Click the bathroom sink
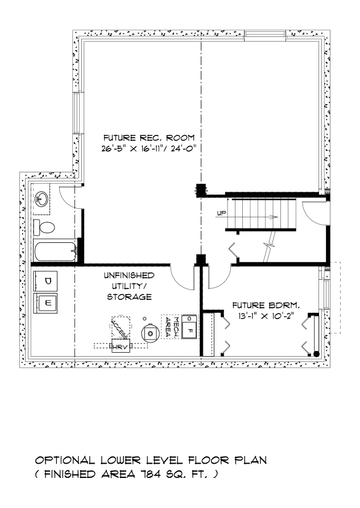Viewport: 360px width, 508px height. [x=41, y=199]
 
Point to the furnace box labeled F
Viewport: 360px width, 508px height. [x=190, y=329]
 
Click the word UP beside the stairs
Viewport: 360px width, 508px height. [x=222, y=214]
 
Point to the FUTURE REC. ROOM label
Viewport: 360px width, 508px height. [x=149, y=138]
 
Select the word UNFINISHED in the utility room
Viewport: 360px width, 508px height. [x=129, y=275]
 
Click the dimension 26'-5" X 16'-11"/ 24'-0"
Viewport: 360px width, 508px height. [x=149, y=149]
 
